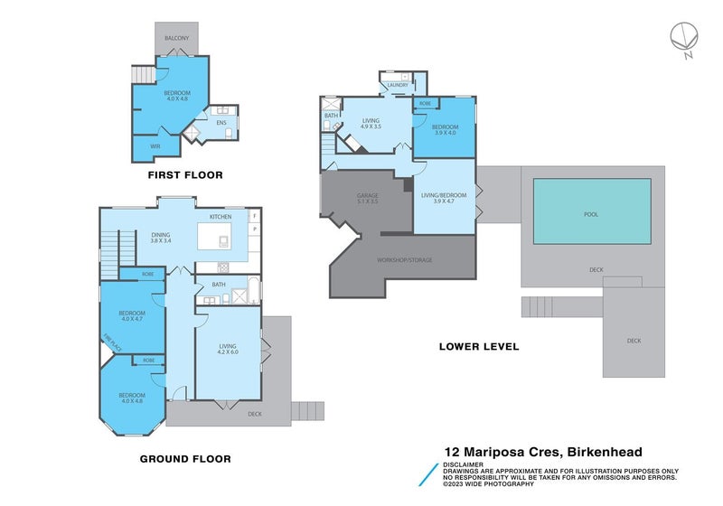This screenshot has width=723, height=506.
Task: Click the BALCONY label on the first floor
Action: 176,38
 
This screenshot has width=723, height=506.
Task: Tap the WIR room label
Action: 155,145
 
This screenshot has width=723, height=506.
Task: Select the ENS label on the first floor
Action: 221,122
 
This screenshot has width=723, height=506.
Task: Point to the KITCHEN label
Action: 221,218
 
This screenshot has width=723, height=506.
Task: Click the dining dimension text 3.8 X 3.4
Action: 160,241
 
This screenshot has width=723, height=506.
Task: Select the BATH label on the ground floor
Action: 219,286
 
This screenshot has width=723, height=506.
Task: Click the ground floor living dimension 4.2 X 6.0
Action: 227,352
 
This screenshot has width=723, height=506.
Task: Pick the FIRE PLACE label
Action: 110,342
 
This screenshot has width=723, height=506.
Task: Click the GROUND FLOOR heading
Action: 185,459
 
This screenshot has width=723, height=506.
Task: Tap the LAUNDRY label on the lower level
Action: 398,86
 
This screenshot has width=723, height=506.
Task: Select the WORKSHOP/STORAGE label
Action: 404,260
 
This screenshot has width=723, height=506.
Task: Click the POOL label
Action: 592,214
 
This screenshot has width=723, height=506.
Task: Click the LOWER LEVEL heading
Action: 479,346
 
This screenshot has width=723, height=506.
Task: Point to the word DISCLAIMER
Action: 465,464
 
